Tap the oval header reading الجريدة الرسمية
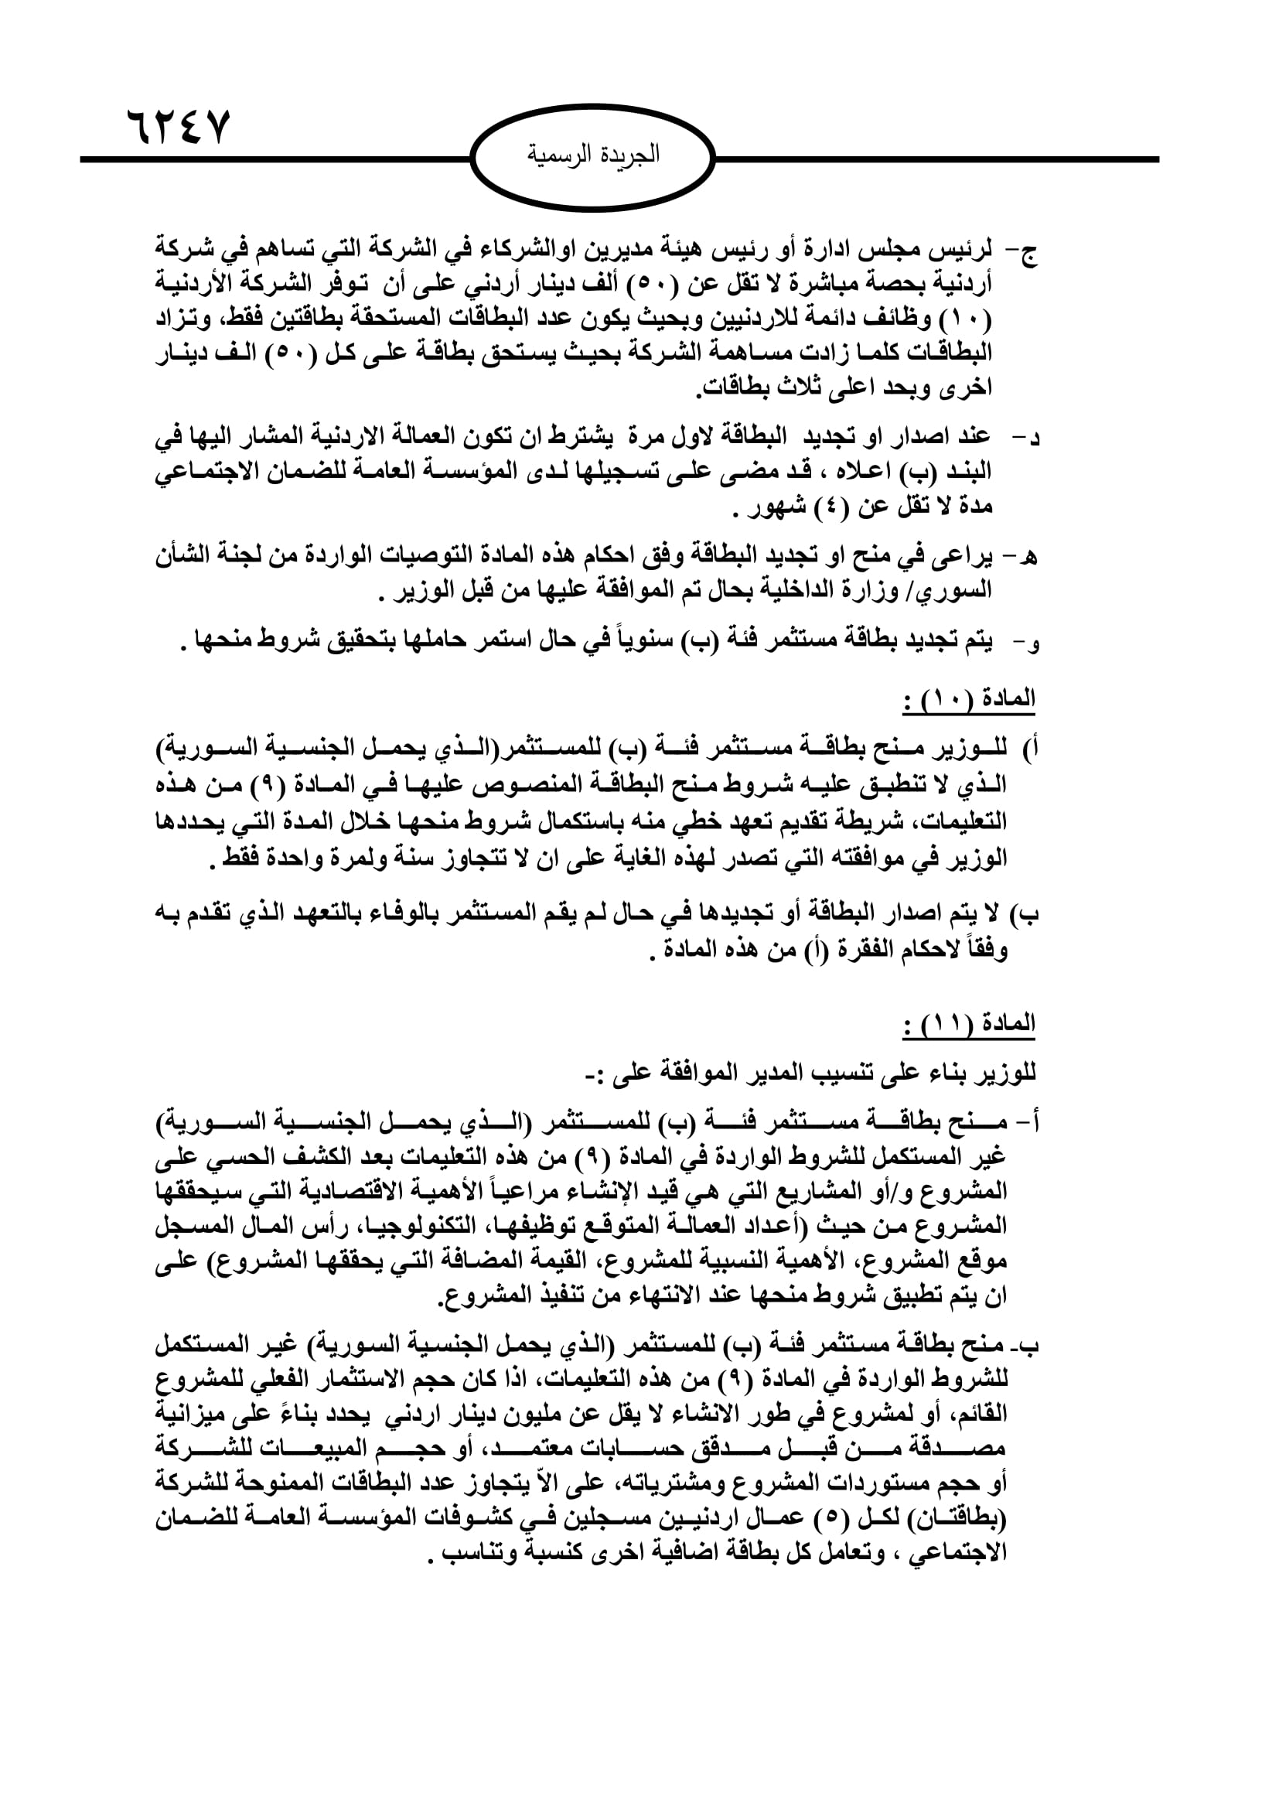tap(593, 157)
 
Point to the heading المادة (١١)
tap(969, 1024)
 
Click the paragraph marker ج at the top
tap(1027, 253)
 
